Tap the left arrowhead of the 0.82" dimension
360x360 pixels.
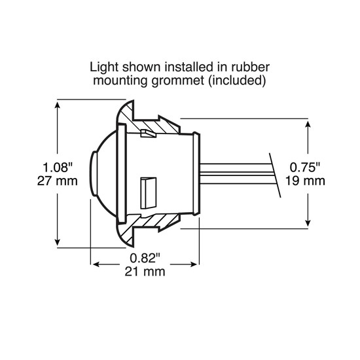(x=94, y=264)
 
